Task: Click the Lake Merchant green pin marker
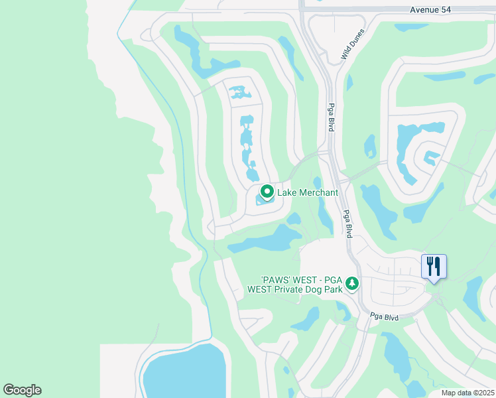tap(267, 192)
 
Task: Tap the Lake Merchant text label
tap(308, 193)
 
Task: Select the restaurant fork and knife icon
tap(434, 266)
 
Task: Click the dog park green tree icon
tap(352, 283)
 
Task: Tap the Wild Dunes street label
tap(353, 44)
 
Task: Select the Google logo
tap(22, 389)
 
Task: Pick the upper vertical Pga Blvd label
tap(330, 117)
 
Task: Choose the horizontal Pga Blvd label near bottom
tap(384, 318)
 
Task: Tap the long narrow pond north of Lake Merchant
tap(247, 146)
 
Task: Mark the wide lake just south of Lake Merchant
tap(265, 240)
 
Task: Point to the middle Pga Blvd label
tap(347, 224)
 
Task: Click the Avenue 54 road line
tap(371, 11)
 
